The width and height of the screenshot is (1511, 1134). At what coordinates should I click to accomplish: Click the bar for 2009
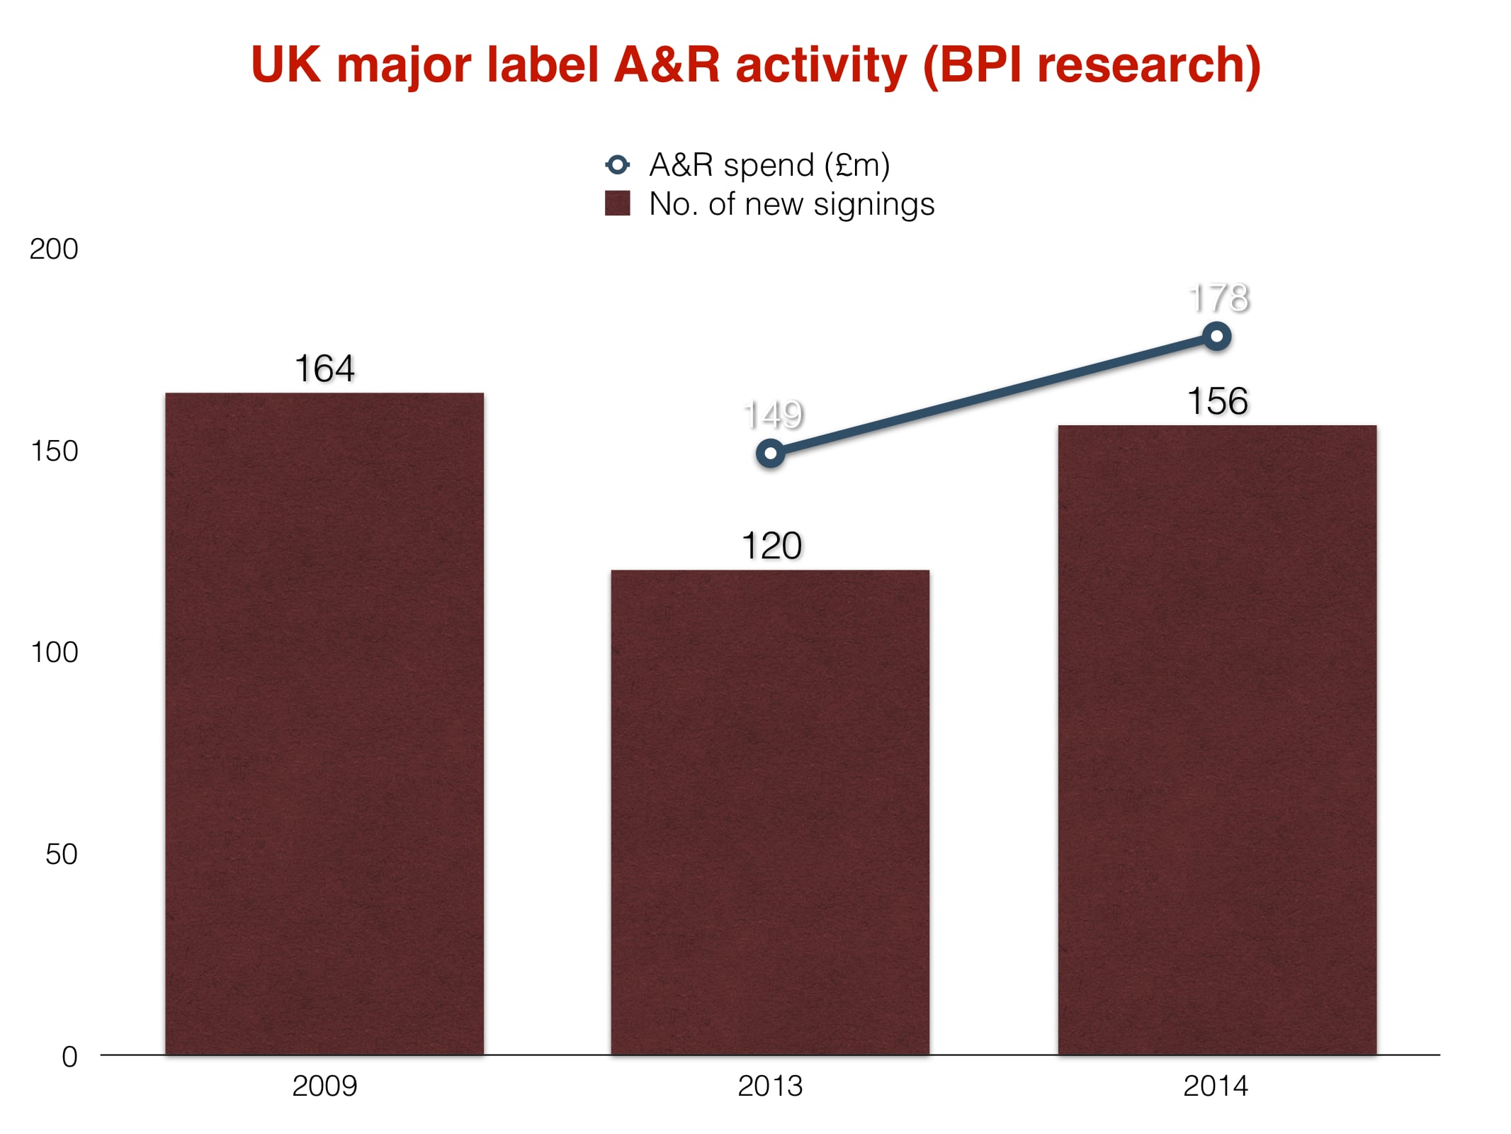pos(324,723)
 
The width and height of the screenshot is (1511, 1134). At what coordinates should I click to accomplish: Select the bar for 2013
pos(770,812)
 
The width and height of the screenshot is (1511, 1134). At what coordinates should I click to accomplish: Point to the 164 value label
pos(324,369)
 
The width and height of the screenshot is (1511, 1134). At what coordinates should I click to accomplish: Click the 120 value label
pos(771,546)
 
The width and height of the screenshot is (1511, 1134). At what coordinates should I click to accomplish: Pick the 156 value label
pos(1218,401)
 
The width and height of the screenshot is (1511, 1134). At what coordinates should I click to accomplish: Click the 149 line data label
pos(773,415)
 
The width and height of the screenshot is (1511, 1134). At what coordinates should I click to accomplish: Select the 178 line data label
pos(1219,298)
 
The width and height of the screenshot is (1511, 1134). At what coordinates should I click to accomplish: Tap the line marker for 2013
pos(771,453)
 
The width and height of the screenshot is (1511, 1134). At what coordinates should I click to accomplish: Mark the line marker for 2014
pos(1217,337)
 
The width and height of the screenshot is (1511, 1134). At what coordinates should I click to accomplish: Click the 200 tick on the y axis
pos(54,249)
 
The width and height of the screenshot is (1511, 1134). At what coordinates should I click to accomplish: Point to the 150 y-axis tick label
pos(55,451)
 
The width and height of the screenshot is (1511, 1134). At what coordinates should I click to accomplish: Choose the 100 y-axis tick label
pos(55,653)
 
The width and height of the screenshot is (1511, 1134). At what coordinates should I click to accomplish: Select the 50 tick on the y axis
pos(62,855)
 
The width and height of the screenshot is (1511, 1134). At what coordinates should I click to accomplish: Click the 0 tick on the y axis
pos(69,1057)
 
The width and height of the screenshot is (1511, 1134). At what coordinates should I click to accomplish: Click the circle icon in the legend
pos(617,165)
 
